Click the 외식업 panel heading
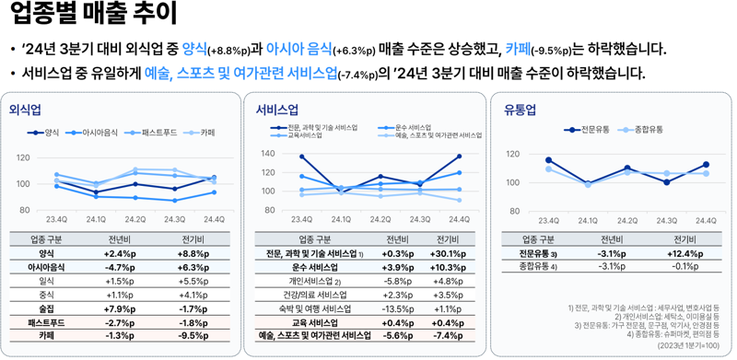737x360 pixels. point(24,110)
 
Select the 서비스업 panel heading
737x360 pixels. point(277,110)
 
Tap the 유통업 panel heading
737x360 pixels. point(520,110)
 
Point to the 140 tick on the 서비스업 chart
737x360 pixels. point(268,154)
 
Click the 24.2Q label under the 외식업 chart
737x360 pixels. point(135,219)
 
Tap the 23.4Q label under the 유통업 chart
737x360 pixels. point(548,220)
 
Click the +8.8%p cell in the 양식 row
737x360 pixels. point(193,253)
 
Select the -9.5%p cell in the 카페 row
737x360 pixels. point(193,336)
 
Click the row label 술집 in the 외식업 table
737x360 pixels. point(46,308)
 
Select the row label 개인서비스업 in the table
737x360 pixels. point(312,281)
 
